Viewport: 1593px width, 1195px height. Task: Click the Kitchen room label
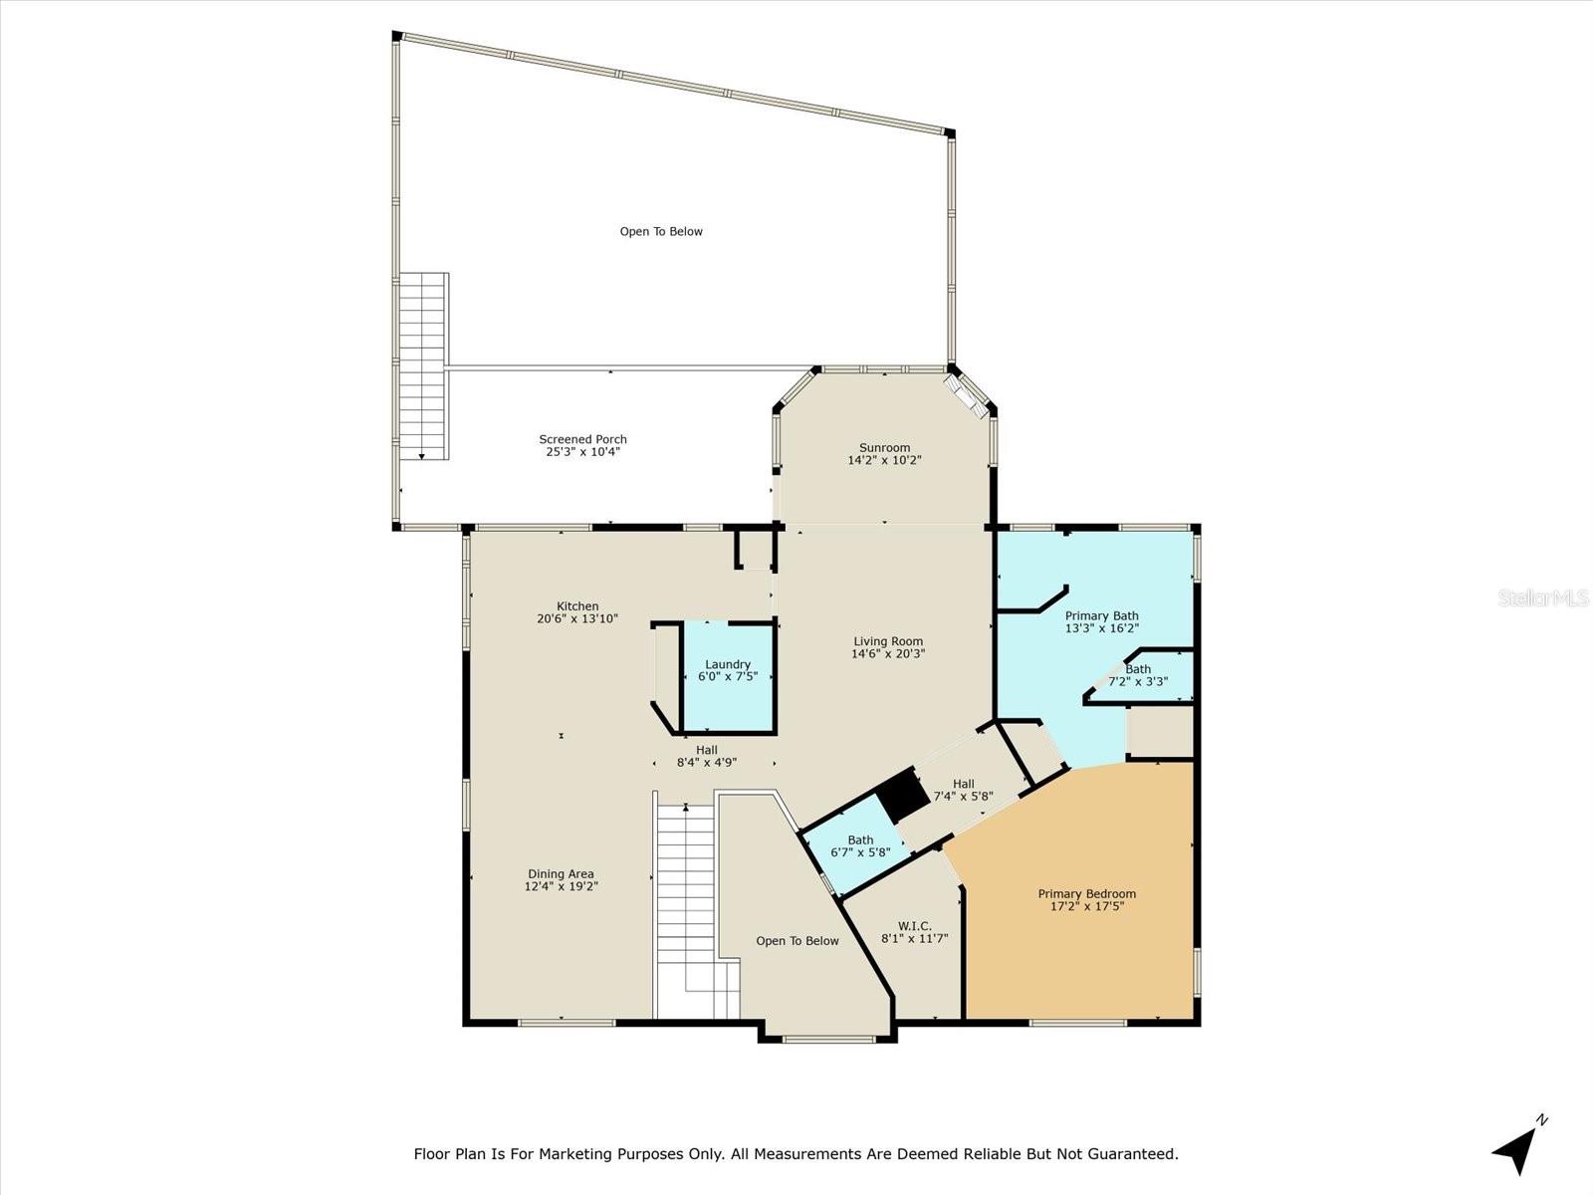click(x=577, y=605)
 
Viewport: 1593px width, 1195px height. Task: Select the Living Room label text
click(x=888, y=641)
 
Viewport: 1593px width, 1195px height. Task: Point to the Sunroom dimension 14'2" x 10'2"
click(x=884, y=460)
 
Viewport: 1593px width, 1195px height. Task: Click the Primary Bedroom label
click(x=1086, y=893)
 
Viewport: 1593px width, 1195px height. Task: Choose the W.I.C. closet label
click(x=914, y=925)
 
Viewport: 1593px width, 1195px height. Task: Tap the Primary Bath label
click(x=1101, y=615)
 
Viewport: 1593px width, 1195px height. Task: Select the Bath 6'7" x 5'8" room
click(x=860, y=846)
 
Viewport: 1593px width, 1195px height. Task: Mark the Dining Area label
click(x=562, y=873)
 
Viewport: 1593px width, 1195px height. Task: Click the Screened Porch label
click(x=582, y=439)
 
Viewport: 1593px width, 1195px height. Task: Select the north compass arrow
click(x=1517, y=1150)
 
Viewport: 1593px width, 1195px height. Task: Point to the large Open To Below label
click(x=661, y=231)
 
